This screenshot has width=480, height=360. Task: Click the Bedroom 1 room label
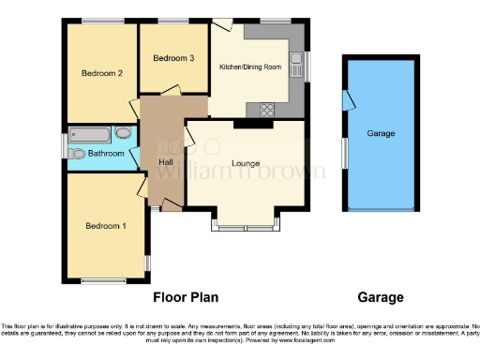105,226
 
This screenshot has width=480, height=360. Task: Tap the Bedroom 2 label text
101,73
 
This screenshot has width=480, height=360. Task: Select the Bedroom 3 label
173,58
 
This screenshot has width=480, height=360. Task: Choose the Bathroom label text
107,153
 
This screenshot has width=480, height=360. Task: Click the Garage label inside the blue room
380,134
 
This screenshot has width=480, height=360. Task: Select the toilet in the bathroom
77,153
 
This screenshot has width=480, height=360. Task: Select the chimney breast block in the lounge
247,123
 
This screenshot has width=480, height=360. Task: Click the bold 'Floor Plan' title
186,298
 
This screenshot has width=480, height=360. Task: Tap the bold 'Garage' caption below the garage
381,298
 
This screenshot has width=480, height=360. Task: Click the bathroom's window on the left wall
65,146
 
